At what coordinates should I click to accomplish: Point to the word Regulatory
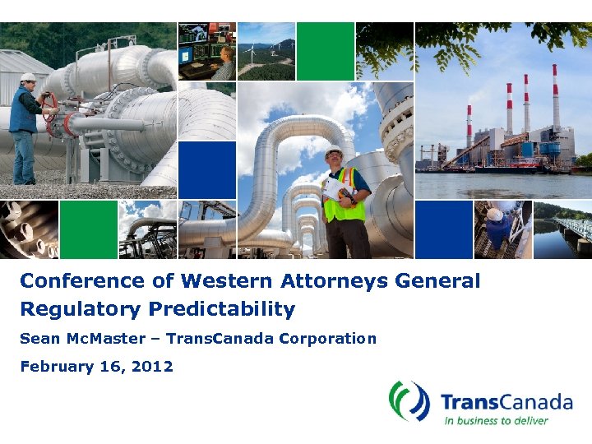click(80, 310)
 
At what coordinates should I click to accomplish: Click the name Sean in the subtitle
click(39, 339)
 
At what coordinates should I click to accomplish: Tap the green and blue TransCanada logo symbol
click(409, 401)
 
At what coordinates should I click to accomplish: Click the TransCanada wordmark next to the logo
click(506, 402)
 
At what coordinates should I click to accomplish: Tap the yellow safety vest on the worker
click(345, 197)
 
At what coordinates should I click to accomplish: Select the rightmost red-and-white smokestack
click(556, 99)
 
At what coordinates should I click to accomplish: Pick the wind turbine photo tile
click(266, 51)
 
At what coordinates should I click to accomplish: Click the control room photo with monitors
click(206, 51)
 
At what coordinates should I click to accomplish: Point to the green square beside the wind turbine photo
click(325, 51)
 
